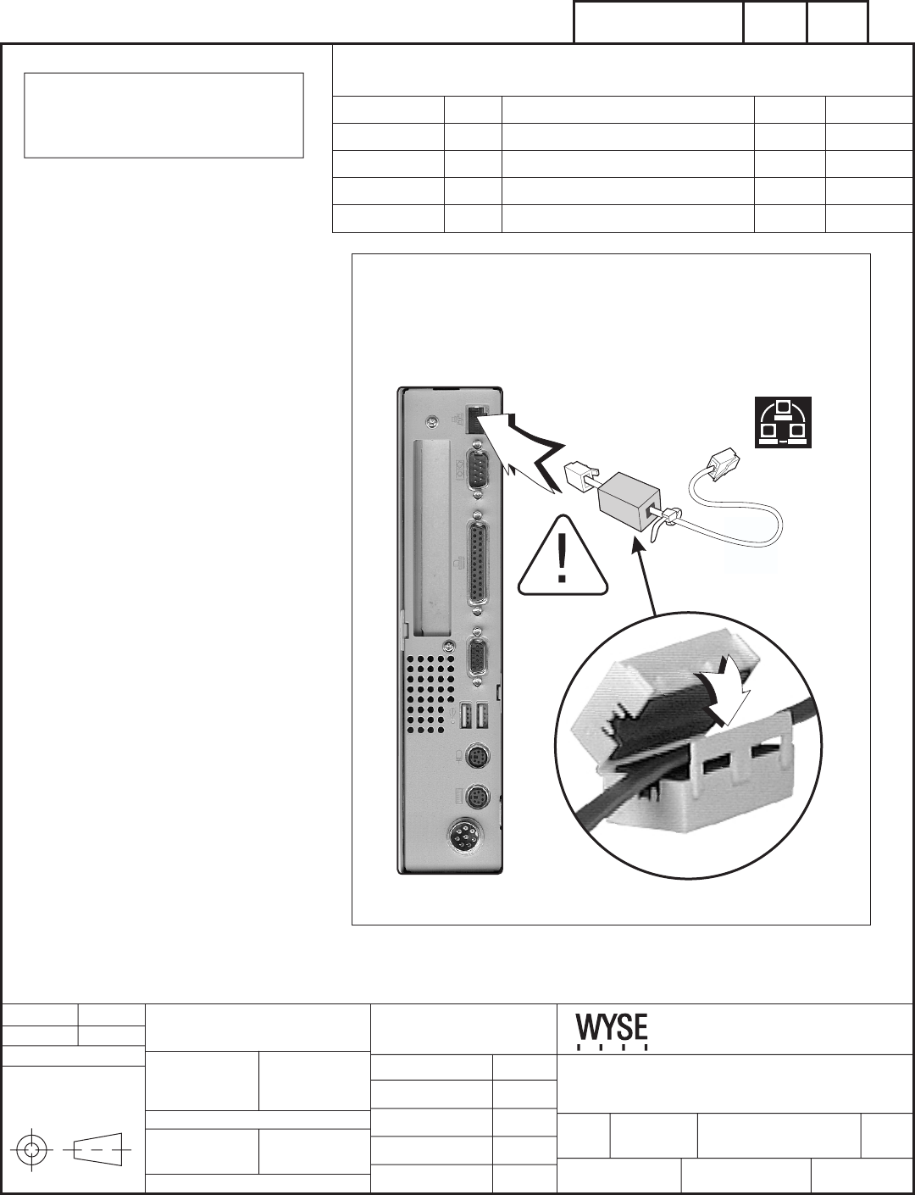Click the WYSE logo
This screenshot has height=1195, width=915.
click(613, 1031)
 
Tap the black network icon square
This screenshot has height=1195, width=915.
click(784, 421)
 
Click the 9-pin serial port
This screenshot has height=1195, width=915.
click(478, 469)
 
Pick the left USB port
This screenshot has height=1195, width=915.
click(465, 717)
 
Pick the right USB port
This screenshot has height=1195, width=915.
click(482, 717)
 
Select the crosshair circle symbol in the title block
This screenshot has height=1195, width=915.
click(32, 1150)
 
